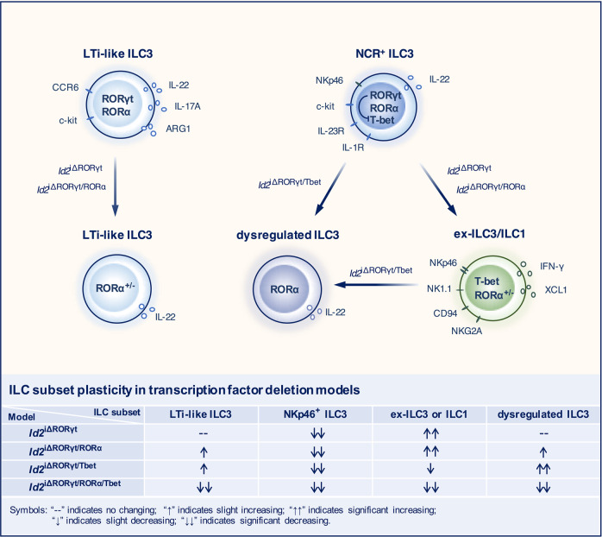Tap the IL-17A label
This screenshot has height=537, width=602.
(x=188, y=107)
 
